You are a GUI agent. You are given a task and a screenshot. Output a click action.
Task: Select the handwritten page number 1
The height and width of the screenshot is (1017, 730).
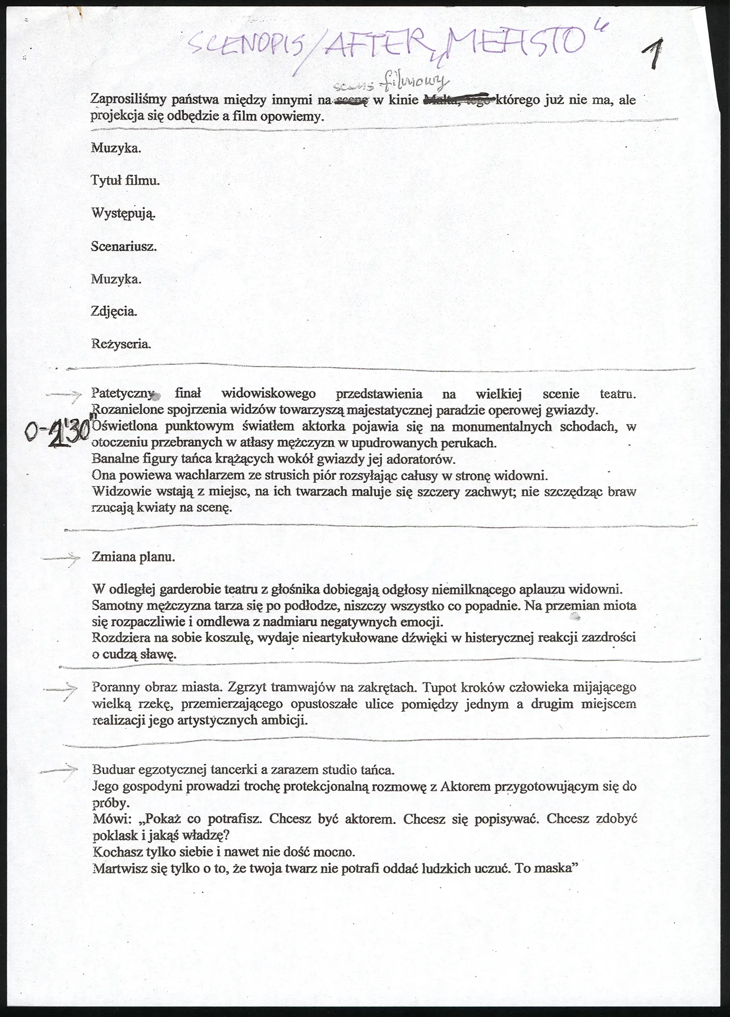[x=655, y=55]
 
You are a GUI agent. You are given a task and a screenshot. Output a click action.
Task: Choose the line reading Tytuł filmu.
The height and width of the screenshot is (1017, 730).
[x=126, y=180]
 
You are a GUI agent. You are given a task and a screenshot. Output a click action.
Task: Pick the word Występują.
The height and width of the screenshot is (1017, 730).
[x=124, y=214]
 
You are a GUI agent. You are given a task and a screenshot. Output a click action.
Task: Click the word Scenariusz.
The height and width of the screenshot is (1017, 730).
[x=124, y=246]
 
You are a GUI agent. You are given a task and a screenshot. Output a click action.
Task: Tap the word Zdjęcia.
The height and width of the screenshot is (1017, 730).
[x=114, y=311]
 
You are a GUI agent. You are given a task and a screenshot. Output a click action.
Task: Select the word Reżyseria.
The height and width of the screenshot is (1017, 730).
[x=121, y=344]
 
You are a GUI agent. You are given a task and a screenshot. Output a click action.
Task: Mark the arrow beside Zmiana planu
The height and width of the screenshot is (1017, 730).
[x=61, y=559]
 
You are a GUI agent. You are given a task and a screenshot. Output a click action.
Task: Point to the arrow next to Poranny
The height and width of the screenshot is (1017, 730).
[x=61, y=690]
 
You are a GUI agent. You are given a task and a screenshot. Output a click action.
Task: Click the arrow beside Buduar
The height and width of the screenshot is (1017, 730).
[x=59, y=771]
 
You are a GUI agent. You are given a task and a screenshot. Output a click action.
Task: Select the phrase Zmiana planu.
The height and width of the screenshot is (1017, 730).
[x=134, y=557]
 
